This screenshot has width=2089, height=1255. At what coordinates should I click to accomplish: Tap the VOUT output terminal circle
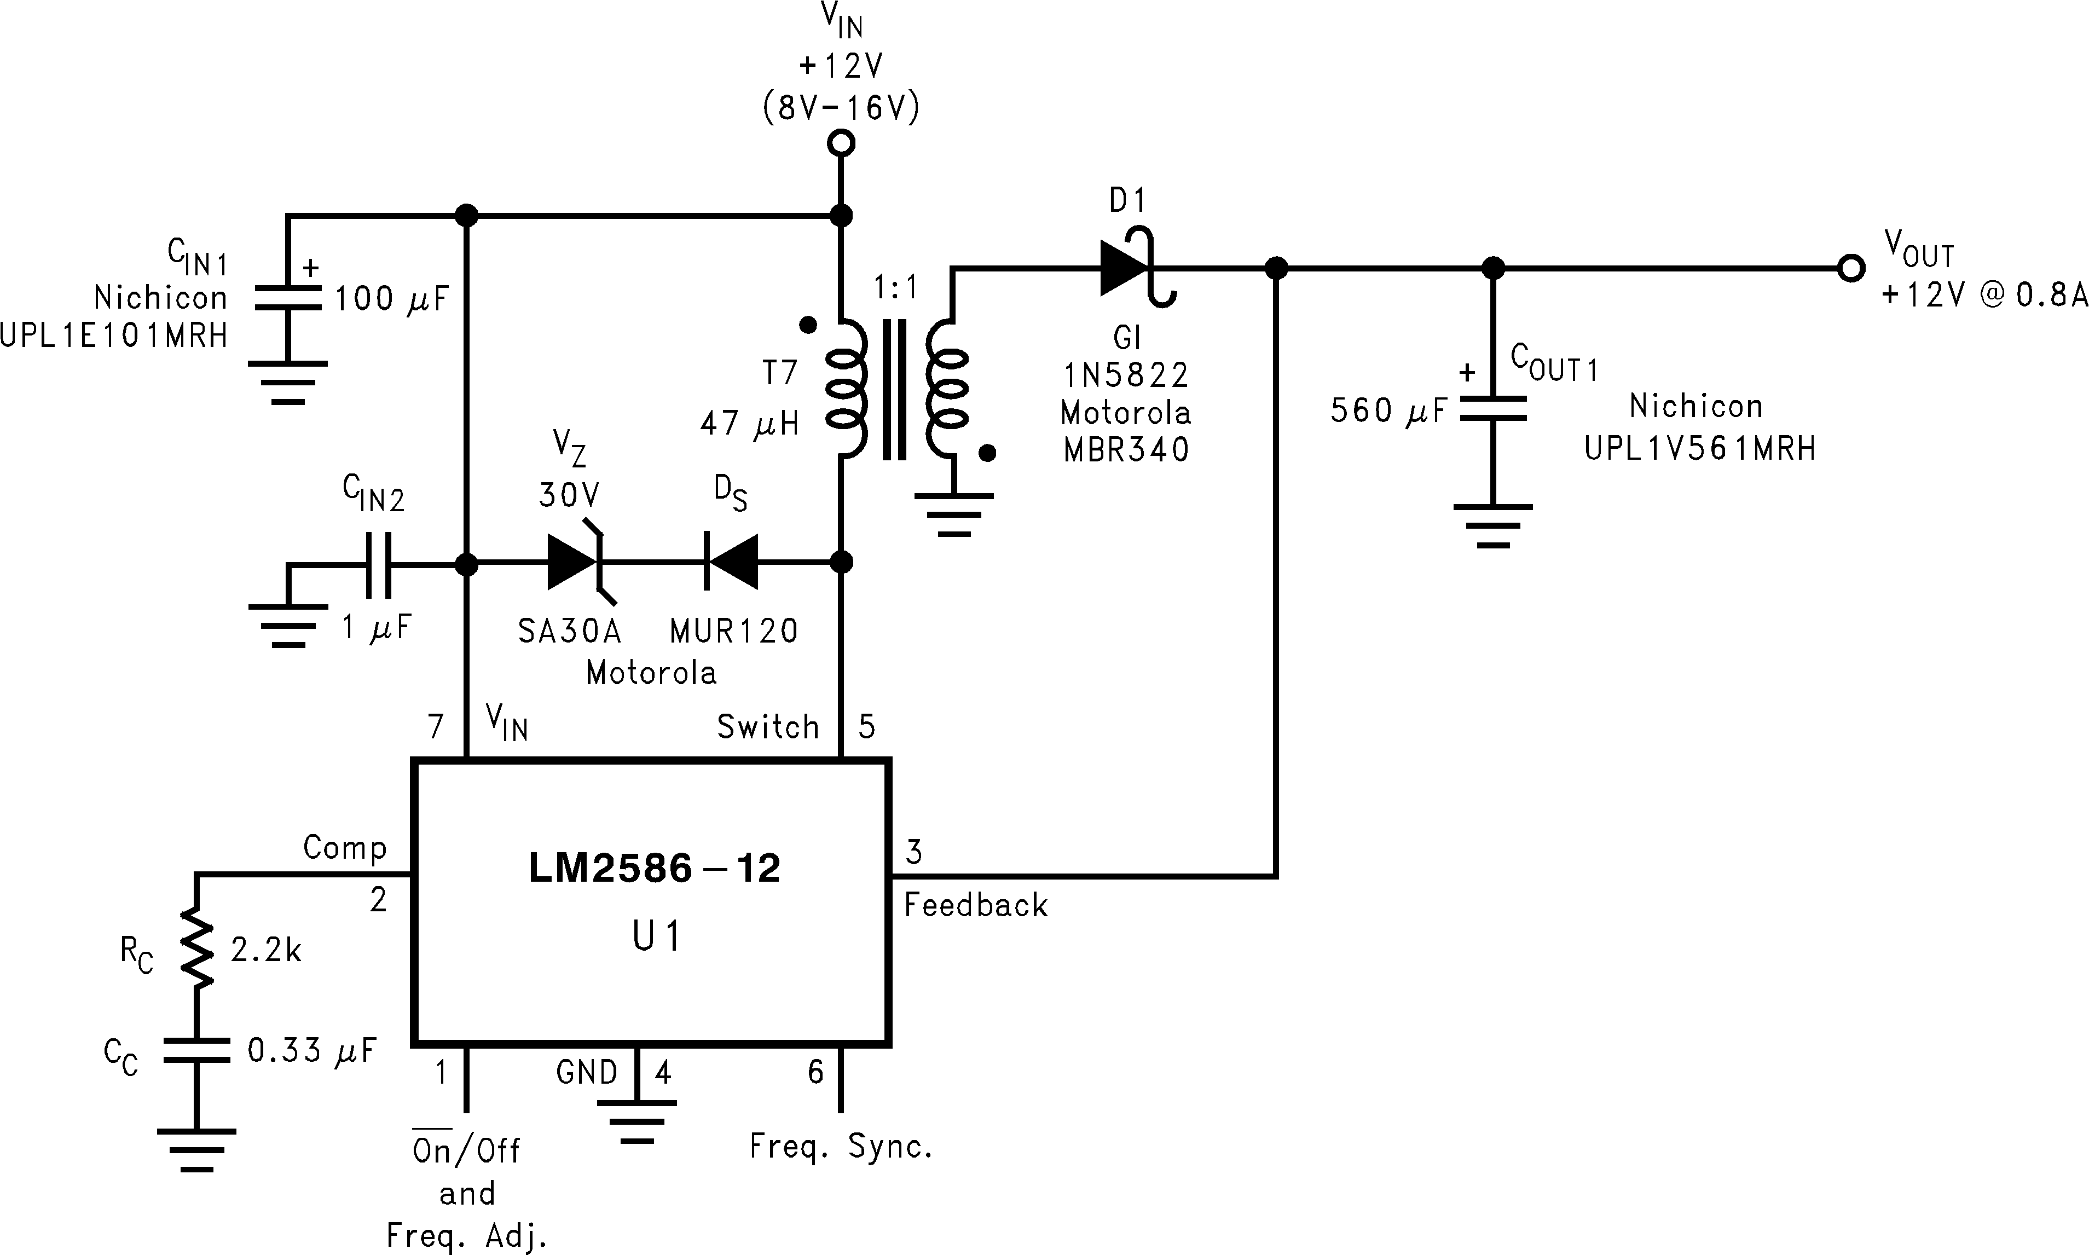pos(1850,269)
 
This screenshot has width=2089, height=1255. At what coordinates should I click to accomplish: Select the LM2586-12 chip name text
pos(653,869)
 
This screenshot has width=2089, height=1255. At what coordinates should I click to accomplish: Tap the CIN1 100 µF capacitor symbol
pos(287,298)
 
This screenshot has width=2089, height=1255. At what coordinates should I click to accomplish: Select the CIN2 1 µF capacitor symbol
pos(378,564)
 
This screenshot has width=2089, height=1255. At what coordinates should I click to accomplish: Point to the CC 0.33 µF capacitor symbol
pos(196,1050)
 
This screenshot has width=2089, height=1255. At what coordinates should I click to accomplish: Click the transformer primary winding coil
pos(846,389)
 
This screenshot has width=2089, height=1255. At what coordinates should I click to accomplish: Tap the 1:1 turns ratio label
pos(895,289)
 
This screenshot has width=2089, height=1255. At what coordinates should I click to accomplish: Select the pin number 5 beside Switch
pos(866,726)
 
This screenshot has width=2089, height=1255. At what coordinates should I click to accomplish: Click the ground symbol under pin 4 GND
pos(636,1120)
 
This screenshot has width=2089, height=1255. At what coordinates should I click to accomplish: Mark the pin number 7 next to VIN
pos(436,726)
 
